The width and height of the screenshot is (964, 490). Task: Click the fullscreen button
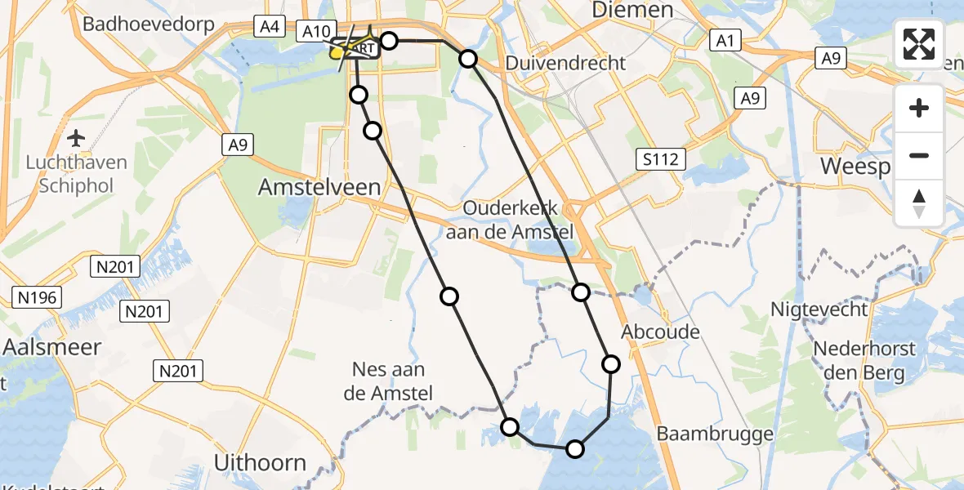pos(919,43)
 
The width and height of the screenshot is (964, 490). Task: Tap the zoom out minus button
pos(919,155)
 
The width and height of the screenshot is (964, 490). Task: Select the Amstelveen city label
pos(319,187)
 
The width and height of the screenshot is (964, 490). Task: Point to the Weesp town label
pos(854,166)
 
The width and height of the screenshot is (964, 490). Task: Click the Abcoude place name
pos(661,332)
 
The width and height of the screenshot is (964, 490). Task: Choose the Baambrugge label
pos(715,432)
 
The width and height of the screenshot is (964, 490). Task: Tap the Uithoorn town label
pos(260,462)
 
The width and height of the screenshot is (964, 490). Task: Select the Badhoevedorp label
pos(149,24)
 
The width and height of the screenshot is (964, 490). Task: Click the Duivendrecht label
pos(565,63)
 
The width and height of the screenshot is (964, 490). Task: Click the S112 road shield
pos(660,158)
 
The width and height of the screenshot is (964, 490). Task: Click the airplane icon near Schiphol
pos(76,137)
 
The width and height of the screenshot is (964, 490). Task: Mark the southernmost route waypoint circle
pos(575,448)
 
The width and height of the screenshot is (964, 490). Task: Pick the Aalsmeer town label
pos(51,347)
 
